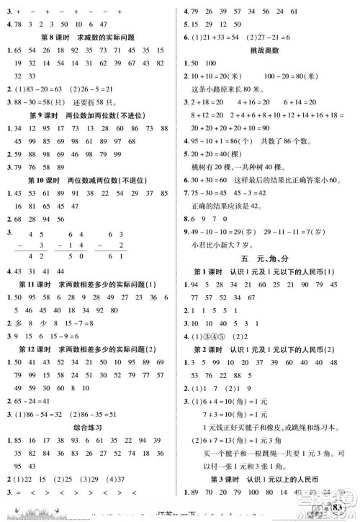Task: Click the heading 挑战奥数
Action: pos(268,50)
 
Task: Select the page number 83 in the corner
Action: pos(340,510)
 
